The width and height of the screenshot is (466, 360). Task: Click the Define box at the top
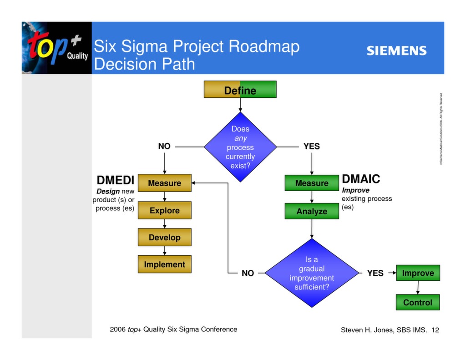point(240,90)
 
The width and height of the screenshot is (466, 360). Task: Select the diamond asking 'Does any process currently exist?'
point(240,147)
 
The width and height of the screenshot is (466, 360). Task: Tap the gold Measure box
point(164,183)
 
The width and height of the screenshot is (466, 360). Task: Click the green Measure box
point(312,183)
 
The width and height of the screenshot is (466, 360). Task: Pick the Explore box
point(164,210)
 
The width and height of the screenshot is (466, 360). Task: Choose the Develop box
point(164,237)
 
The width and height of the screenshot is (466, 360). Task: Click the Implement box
point(164,264)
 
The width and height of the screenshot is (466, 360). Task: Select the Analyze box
point(312,211)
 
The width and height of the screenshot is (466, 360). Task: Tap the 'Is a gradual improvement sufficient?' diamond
point(312,273)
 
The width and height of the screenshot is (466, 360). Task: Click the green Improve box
point(418,273)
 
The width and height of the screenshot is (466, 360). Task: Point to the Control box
point(418,302)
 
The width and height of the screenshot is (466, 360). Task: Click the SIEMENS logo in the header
point(396,51)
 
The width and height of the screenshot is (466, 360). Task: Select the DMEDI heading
point(116,180)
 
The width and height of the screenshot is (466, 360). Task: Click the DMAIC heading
point(360,179)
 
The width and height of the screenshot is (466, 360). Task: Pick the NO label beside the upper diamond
point(164,146)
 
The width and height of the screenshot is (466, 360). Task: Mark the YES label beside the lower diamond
point(375,273)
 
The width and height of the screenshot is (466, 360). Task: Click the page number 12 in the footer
point(435,330)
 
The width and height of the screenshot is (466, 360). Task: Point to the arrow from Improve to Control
point(418,288)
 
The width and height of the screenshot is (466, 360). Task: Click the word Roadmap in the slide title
point(264,46)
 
